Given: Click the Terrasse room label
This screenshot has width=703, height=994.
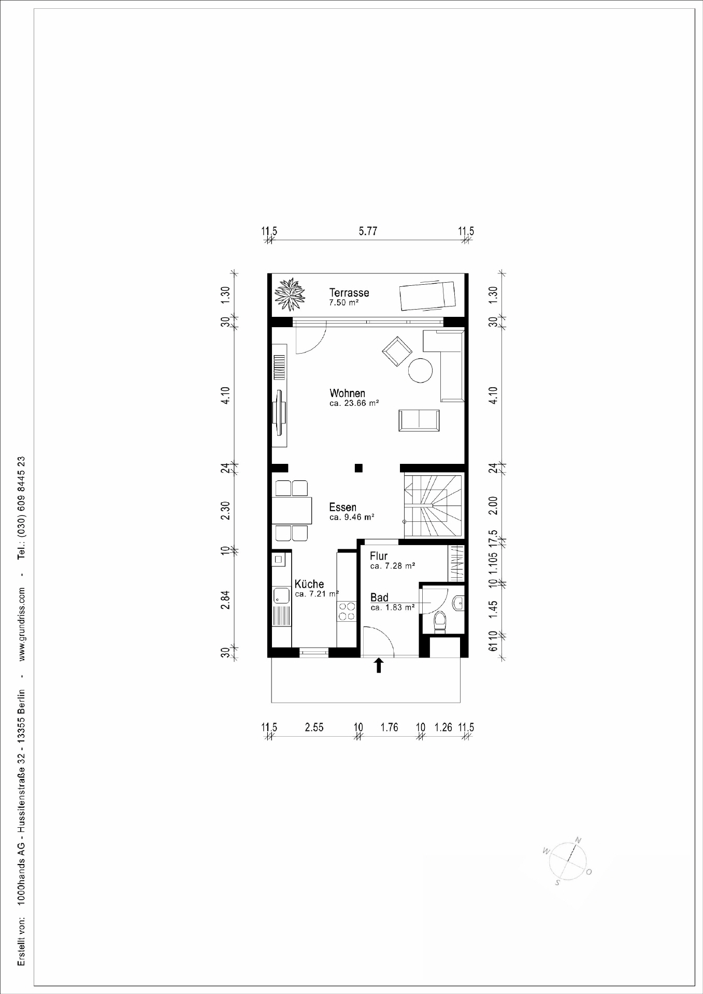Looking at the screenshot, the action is click(x=349, y=293).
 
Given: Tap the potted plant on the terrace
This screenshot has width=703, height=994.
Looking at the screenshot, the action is click(x=290, y=295).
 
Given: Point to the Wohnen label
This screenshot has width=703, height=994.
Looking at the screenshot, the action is click(x=347, y=393).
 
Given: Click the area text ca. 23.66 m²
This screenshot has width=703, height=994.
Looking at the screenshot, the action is click(x=354, y=403).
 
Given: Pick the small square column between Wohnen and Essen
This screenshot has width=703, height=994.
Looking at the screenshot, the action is click(x=358, y=468).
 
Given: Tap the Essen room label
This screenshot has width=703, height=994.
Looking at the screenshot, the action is click(x=342, y=507).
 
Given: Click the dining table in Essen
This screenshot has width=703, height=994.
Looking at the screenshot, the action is click(x=293, y=510).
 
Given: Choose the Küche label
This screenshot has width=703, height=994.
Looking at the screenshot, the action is click(x=309, y=584).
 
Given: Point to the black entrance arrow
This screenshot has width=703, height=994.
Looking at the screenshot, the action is click(x=379, y=665).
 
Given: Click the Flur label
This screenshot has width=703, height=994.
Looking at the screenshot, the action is click(x=379, y=557).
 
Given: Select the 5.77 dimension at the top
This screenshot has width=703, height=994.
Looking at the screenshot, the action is click(x=368, y=231).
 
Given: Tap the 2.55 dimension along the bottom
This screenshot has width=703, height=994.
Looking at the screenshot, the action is click(x=314, y=727).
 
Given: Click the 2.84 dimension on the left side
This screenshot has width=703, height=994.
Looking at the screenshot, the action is click(x=225, y=600).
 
